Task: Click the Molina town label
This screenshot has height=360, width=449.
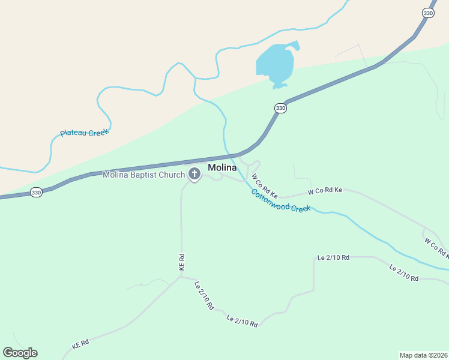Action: point(222,167)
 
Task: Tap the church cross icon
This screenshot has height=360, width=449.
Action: point(194,175)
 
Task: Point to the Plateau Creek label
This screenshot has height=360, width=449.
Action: point(84,133)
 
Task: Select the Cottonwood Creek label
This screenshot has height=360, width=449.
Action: point(280,200)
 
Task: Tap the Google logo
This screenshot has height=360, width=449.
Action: point(20,353)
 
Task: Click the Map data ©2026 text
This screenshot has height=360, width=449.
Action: point(423,355)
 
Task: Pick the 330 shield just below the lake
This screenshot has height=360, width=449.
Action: point(280,108)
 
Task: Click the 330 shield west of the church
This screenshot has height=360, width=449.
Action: point(37,193)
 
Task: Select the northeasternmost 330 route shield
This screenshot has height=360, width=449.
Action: point(427,13)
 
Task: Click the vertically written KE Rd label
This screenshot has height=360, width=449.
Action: point(181,262)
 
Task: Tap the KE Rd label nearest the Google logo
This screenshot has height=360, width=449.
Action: point(80,344)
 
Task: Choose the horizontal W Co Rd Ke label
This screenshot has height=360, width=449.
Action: point(325,191)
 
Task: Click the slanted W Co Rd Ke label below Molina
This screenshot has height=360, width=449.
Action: point(265,186)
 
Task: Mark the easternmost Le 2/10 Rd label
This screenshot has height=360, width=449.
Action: point(403,272)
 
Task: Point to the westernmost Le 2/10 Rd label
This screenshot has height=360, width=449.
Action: point(204,295)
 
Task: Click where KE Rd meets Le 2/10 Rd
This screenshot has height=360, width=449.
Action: point(181,277)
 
